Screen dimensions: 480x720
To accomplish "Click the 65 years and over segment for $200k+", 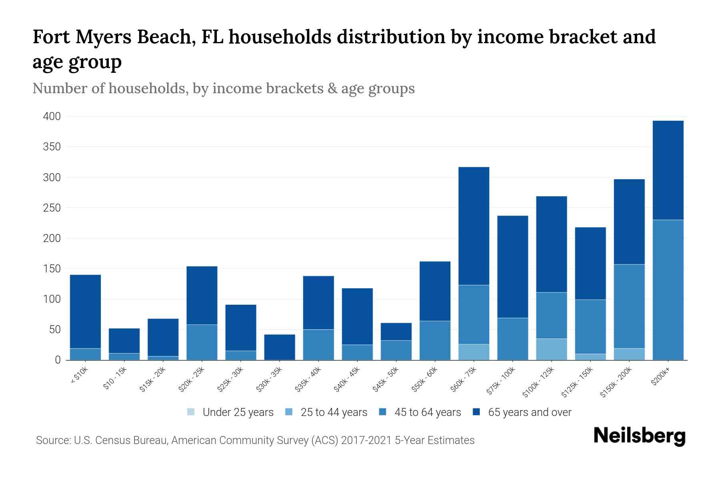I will pos(668,170).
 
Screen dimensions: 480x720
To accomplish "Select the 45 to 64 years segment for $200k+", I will pos(668,290).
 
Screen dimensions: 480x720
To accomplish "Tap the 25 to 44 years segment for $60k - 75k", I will pos(474,352).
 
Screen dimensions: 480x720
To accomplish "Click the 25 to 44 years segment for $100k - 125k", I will pos(551,349).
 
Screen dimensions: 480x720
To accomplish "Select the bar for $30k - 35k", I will pos(280,347).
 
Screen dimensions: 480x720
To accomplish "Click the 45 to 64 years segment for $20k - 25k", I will pos(202,342).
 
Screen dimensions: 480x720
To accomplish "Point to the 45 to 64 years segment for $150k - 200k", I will pos(629,306).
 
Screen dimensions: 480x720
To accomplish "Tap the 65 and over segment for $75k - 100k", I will pos(512,267).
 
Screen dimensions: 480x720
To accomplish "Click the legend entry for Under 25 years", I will pos(230,412).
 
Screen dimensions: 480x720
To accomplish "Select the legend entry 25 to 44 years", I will pos(326,412).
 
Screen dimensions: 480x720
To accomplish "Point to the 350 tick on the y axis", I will pos(52,147).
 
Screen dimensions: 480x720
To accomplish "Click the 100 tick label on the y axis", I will pos(52,299).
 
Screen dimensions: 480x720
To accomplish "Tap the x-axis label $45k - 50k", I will pos(386,378).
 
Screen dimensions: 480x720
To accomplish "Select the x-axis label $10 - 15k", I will pos(115,378).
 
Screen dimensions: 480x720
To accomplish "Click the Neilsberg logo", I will pos(639,436).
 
